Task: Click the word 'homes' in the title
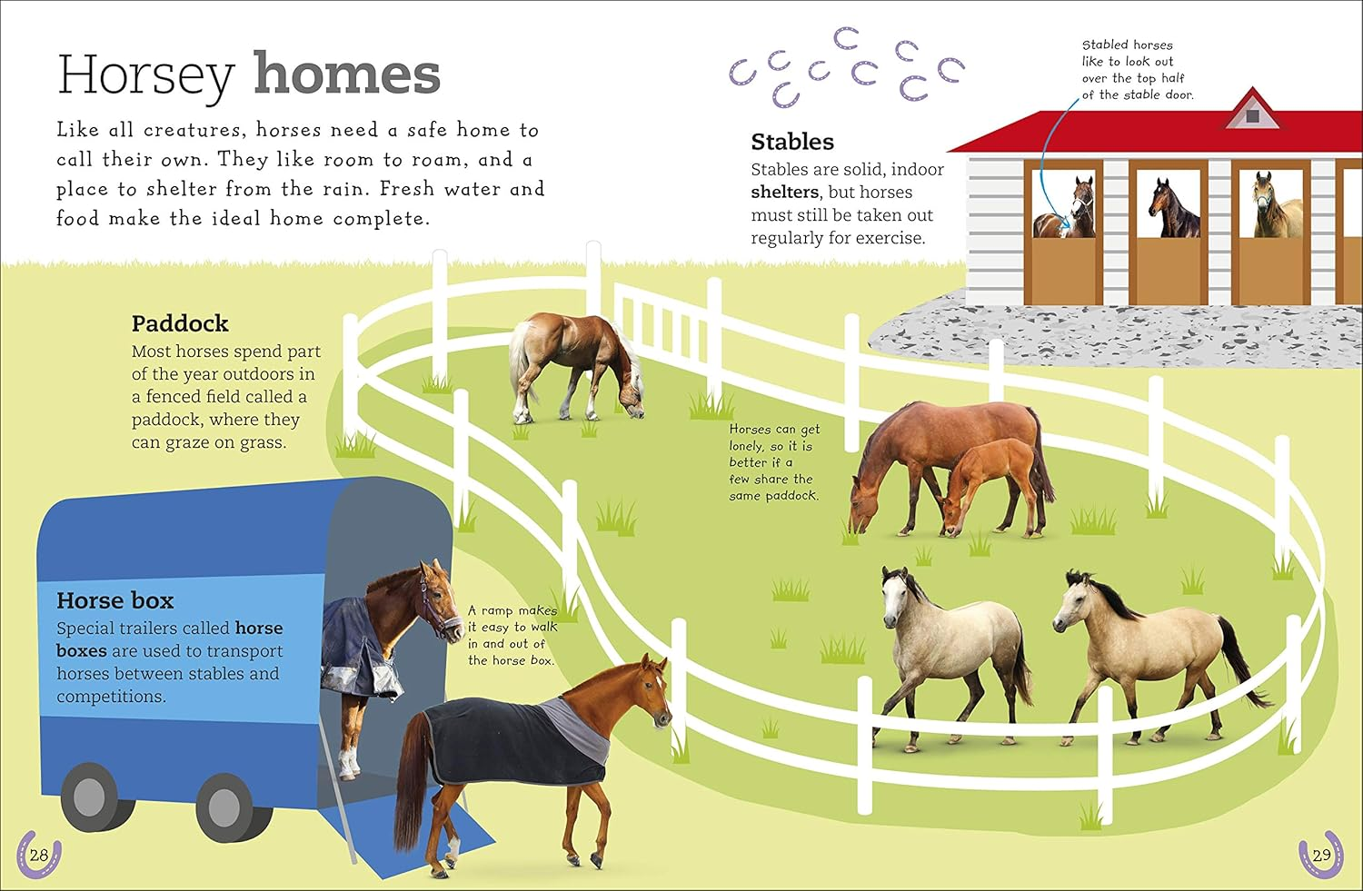coord(346,74)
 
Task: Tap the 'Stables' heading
coord(791,142)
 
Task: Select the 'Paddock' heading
coord(180,323)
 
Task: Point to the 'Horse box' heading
coord(114,600)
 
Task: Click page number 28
coord(39,855)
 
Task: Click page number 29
coord(1321,855)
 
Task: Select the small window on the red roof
coord(1252,115)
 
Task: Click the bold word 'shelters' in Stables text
coord(785,193)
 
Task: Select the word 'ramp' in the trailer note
coord(498,611)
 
